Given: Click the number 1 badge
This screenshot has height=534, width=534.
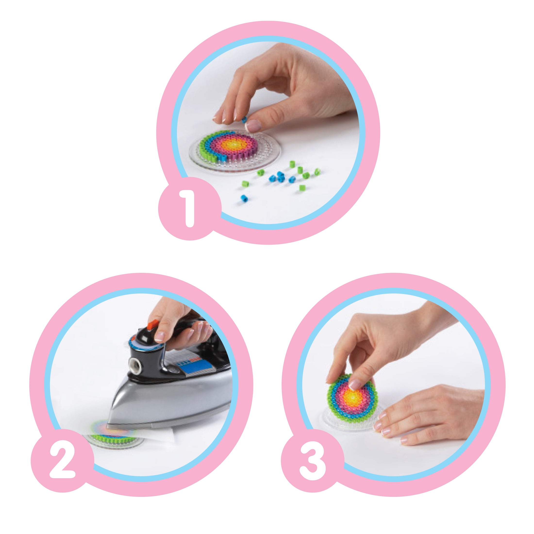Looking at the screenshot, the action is pos(190,208).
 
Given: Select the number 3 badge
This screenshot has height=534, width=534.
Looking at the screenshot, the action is pos(313,459).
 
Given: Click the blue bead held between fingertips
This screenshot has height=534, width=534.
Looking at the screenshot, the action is pos(244,120).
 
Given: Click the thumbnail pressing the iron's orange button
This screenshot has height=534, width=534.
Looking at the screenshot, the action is pos(160,336).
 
